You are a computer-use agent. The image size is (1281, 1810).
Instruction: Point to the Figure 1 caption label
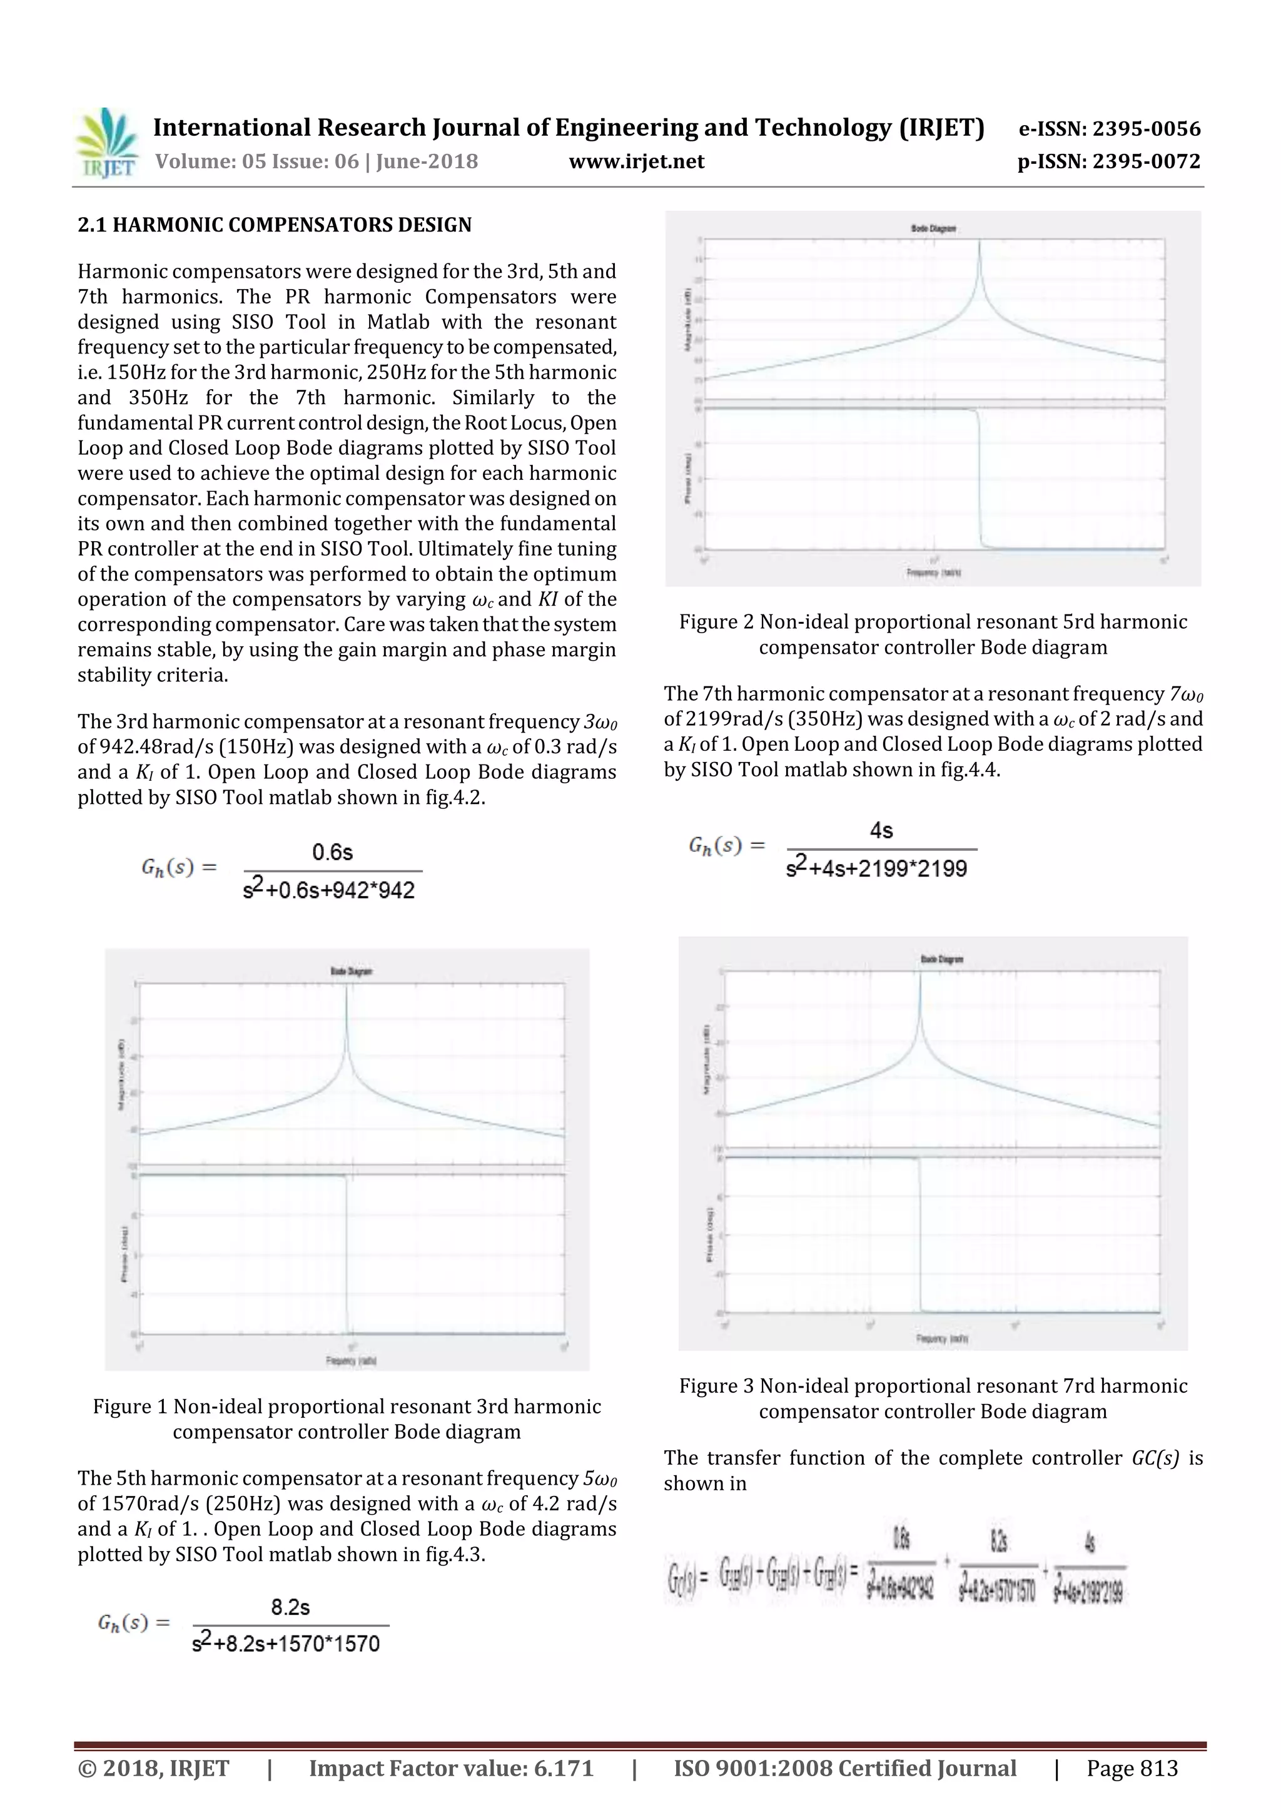(x=130, y=1407)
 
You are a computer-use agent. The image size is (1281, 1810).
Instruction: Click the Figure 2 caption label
(x=716, y=622)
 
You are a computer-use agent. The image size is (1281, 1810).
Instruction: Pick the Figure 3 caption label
(x=716, y=1386)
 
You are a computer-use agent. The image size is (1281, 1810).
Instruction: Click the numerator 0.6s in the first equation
(x=332, y=852)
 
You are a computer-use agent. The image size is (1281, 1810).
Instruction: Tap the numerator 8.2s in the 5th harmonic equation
(x=290, y=1607)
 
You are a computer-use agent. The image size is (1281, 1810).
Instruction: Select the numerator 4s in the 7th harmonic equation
(x=881, y=831)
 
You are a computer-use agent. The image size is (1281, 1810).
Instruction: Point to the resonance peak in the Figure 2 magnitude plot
(x=979, y=243)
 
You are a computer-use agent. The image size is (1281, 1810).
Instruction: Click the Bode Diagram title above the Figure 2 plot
(x=933, y=229)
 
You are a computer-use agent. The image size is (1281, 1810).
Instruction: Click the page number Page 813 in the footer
(x=1132, y=1768)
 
